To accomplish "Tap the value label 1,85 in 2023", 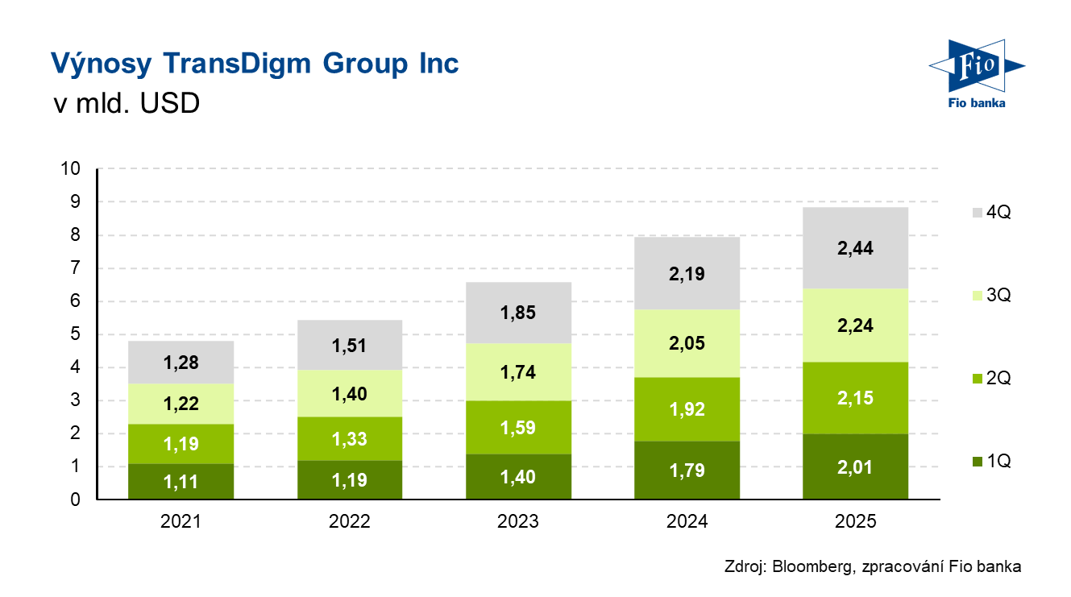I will tap(518, 313).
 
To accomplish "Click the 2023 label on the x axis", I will tap(518, 522).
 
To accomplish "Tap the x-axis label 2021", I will tap(181, 522).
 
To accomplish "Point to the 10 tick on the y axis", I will tap(71, 169).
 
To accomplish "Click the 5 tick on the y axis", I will tap(76, 334).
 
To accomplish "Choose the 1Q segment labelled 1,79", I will tap(687, 471).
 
